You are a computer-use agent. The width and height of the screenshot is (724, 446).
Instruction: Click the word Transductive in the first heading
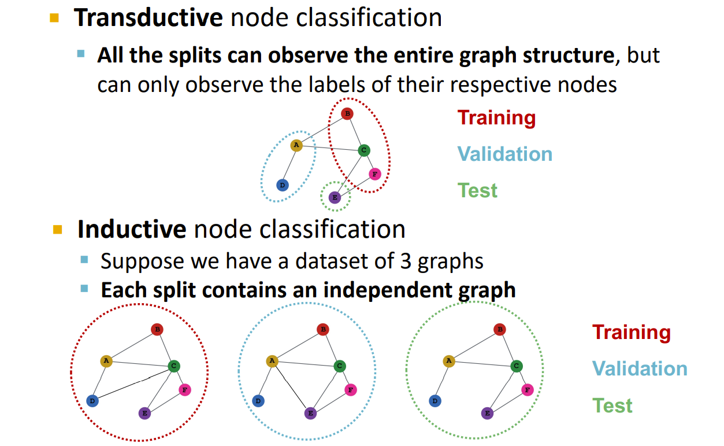click(x=148, y=17)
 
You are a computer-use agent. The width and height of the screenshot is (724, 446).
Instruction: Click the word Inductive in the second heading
click(x=132, y=229)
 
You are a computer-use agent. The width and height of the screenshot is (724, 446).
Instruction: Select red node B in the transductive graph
click(x=347, y=113)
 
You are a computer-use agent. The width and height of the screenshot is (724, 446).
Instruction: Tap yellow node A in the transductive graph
click(x=296, y=145)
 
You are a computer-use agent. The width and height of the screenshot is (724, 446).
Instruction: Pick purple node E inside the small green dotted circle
click(x=335, y=197)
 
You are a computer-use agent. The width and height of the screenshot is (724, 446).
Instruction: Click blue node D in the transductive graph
click(x=283, y=185)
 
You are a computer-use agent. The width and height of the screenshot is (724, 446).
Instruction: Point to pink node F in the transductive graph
click(x=375, y=174)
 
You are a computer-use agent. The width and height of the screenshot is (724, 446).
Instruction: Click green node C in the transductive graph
click(x=364, y=150)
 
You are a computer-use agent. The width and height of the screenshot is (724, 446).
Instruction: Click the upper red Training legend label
click(x=496, y=118)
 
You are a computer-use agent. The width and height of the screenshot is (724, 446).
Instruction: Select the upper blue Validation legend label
click(x=505, y=154)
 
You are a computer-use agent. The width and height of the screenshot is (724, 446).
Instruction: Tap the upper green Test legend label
click(x=477, y=190)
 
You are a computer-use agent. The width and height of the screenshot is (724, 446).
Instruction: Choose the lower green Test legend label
click(x=612, y=406)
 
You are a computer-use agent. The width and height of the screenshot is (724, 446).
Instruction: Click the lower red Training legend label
click(x=631, y=333)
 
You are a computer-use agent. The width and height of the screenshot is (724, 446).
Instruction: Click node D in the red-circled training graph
click(x=92, y=401)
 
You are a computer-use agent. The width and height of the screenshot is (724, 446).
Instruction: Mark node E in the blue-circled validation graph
click(x=310, y=413)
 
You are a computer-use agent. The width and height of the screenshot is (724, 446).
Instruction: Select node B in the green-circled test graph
click(x=500, y=330)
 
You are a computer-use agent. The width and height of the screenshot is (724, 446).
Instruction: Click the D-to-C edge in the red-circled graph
click(x=133, y=384)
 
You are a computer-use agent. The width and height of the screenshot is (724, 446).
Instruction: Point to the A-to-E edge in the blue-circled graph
click(x=291, y=387)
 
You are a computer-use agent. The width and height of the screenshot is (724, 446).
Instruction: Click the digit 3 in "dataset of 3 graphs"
click(x=405, y=261)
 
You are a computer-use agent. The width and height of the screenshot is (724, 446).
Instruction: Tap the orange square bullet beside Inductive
click(x=58, y=230)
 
